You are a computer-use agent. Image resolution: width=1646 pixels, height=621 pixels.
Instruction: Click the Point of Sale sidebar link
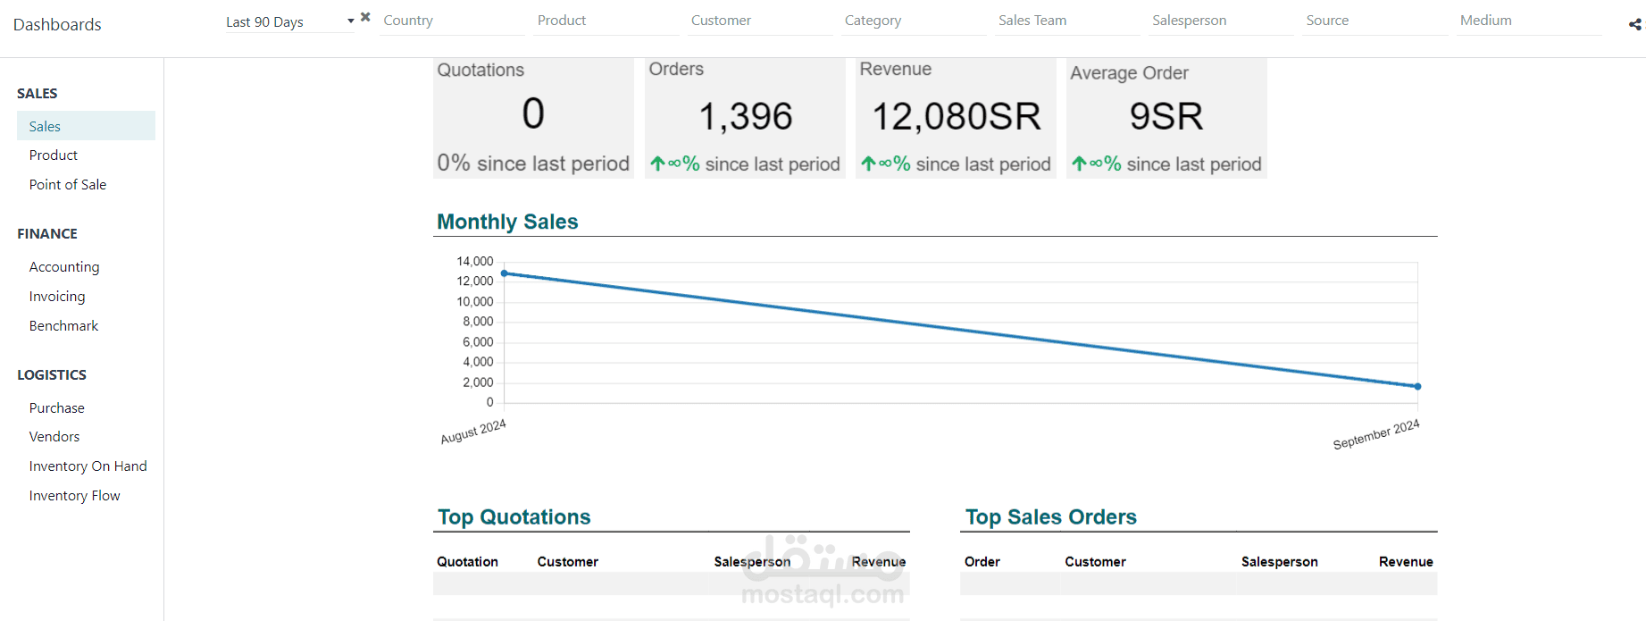tap(68, 185)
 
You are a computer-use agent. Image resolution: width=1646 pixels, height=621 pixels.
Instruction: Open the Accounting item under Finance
tap(64, 267)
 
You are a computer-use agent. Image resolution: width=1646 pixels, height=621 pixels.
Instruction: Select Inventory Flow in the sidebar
tap(74, 496)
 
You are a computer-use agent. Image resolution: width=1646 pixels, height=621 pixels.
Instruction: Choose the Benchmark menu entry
tap(63, 326)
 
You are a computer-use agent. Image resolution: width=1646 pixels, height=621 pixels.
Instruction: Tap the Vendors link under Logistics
tap(54, 437)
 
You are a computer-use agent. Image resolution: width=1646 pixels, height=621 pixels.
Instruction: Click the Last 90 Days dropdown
tap(289, 21)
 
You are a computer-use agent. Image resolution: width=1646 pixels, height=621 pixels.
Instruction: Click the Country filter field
tap(452, 21)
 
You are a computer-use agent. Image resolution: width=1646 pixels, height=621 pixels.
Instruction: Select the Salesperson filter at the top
tap(1221, 21)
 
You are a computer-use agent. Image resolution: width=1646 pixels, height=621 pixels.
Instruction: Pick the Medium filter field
tap(1529, 21)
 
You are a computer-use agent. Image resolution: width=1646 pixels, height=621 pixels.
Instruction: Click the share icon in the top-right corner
tap(1634, 24)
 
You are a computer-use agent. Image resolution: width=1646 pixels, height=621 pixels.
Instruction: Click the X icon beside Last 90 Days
tap(365, 17)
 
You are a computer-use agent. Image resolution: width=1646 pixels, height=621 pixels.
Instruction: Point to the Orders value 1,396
tap(746, 116)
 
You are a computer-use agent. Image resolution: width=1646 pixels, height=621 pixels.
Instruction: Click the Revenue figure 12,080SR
tap(957, 116)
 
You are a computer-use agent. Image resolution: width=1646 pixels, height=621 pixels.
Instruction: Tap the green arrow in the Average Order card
tap(1079, 164)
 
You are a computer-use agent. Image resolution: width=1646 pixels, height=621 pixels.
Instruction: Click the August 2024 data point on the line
tap(505, 273)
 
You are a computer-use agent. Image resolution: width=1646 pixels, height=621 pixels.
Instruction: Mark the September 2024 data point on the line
tap(1417, 386)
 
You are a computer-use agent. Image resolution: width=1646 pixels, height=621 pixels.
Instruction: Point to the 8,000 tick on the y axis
tap(478, 322)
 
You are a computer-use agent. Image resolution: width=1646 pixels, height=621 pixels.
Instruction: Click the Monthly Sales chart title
tap(507, 222)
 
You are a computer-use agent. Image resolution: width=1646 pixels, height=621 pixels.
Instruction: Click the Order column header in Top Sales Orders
tap(982, 562)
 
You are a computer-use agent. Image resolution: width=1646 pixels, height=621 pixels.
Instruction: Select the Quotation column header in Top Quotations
tap(467, 562)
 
